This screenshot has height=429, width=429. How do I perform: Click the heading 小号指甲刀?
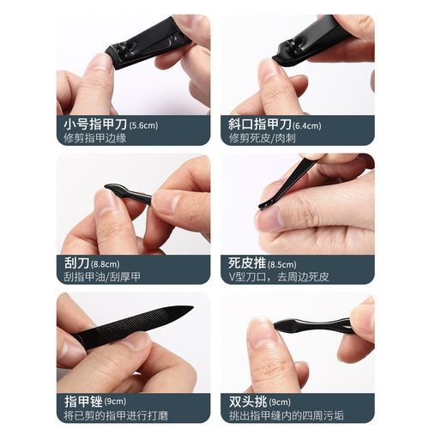point(95,124)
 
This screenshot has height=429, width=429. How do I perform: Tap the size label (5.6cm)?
point(143,125)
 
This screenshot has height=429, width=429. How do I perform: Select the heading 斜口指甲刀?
point(260,124)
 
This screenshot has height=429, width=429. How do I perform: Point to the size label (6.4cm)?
point(306,126)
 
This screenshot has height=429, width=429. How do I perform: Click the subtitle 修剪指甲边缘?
point(95,138)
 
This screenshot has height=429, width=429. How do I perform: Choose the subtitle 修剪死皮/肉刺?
point(263,138)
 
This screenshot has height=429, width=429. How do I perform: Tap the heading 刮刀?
point(76,263)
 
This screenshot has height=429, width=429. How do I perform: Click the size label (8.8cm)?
point(106,264)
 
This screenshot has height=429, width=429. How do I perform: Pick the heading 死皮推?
point(247,263)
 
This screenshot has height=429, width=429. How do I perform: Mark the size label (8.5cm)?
point(282,264)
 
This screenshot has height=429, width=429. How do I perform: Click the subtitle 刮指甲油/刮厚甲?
point(102,277)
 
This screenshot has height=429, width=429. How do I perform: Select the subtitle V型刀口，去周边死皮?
point(279,277)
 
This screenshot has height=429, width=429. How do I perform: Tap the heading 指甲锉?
point(83,402)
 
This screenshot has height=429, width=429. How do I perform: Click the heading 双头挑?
point(248,402)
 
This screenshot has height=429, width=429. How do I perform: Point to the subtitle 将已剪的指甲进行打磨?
point(116,415)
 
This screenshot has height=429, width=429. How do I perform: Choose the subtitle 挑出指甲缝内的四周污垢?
point(286,415)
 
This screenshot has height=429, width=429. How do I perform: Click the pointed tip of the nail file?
point(193,308)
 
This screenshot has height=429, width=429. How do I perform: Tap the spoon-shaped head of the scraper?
point(115,190)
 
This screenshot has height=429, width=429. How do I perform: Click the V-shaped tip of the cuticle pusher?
point(262,207)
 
